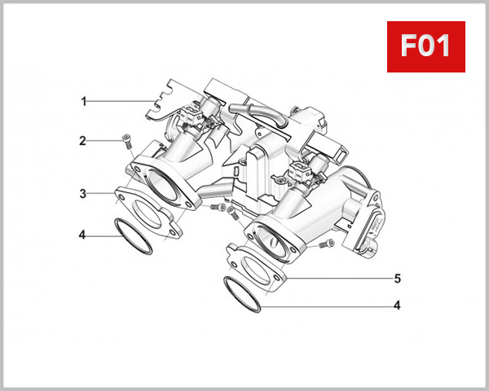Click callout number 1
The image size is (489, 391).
tap(83, 101)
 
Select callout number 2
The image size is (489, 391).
tap(82, 141)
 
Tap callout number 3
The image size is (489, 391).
tap(82, 194)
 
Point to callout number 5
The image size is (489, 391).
tap(397, 279)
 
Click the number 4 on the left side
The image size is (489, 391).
tap(82, 235)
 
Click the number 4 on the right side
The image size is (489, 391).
tap(397, 306)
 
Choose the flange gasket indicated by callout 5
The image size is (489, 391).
tap(259, 263)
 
